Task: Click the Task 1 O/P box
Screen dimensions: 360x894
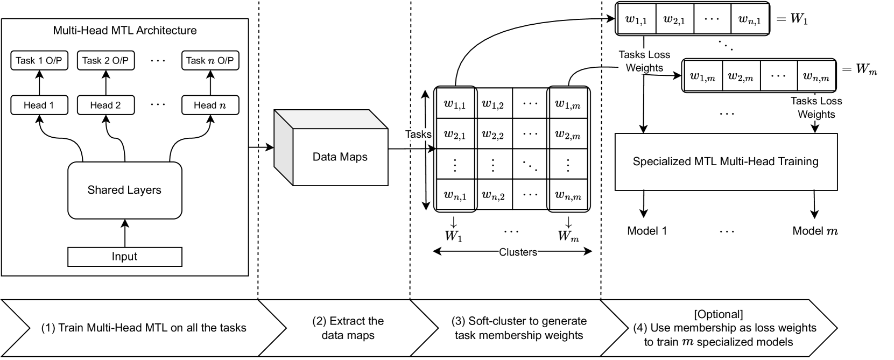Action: pos(39,60)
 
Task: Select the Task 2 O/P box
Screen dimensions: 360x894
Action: pos(105,60)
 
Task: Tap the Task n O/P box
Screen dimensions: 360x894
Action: pos(210,60)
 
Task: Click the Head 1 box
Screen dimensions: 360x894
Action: pos(39,105)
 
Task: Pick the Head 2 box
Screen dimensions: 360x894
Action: pos(105,105)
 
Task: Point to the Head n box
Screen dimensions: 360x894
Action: pos(210,105)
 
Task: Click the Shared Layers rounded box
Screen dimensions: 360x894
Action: pos(124,190)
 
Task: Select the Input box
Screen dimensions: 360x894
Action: pos(124,257)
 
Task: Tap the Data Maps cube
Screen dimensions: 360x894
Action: pos(340,157)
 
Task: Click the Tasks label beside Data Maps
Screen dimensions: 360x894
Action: pos(418,135)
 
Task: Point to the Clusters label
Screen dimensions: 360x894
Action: pos(518,252)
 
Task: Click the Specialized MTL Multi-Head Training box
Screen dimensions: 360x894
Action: pos(726,161)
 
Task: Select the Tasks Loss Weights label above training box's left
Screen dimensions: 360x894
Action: pos(644,61)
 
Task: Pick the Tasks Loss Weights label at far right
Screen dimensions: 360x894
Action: pos(816,108)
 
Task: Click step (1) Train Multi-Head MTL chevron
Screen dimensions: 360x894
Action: pos(144,328)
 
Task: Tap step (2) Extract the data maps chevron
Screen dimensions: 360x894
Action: pos(348,328)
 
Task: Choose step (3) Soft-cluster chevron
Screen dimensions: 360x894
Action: pos(519,328)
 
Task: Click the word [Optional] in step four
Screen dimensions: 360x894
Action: pos(719,314)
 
